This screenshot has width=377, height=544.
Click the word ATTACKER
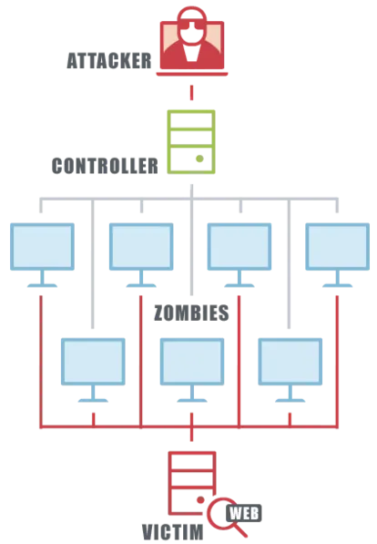tap(109, 61)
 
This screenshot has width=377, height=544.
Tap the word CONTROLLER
tap(105, 166)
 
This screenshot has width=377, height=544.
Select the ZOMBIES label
tap(191, 313)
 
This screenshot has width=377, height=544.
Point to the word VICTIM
tap(173, 532)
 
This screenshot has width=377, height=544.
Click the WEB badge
tap(244, 513)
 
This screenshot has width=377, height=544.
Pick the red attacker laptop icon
tap(192, 41)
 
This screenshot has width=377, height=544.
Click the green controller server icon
tap(191, 141)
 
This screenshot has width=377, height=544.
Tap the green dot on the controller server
tap(199, 159)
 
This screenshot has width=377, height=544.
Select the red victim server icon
tap(192, 483)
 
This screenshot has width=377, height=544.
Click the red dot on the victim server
tap(200, 500)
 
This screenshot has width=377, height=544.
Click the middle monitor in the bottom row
tap(192, 370)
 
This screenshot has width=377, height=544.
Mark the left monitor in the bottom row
tap(93, 370)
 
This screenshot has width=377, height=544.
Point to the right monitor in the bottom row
tap(290, 370)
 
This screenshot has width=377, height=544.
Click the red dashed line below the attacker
tap(191, 93)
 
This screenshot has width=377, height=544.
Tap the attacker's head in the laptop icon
tap(191, 26)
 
